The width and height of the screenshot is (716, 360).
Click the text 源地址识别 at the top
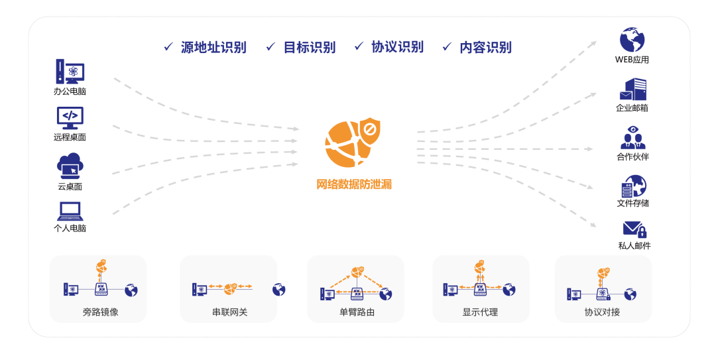(213, 47)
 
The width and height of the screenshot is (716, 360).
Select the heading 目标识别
(309, 47)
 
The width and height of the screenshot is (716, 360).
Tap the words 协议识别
(397, 47)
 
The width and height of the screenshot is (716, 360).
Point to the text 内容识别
(485, 47)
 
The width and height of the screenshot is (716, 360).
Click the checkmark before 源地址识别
(168, 46)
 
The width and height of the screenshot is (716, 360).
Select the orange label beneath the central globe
(354, 184)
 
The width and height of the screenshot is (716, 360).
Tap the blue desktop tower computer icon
(70, 72)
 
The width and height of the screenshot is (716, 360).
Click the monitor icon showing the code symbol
(70, 118)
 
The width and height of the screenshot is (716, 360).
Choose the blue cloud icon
(70, 166)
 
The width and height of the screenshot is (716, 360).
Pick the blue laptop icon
(70, 211)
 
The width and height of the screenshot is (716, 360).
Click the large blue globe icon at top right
(632, 40)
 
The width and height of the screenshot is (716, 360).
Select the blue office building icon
(632, 89)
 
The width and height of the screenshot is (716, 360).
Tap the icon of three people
(632, 138)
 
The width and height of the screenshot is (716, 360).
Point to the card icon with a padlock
(634, 229)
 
